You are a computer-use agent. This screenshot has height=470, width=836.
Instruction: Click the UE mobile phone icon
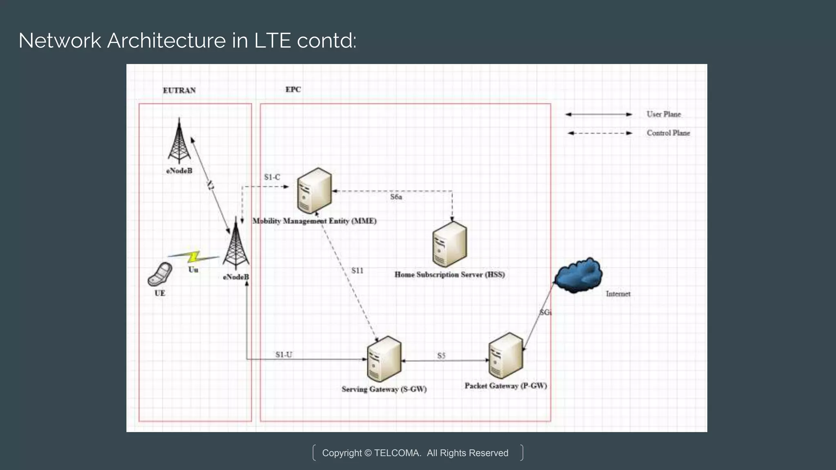pyautogui.click(x=160, y=274)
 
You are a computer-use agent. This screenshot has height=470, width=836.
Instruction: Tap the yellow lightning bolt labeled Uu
pyautogui.click(x=193, y=257)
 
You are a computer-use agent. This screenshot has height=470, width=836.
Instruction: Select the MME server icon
pyautogui.click(x=314, y=190)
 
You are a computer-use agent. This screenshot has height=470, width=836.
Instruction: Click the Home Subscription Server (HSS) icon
pyautogui.click(x=449, y=244)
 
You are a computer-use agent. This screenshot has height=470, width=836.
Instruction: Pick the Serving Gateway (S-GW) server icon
pyautogui.click(x=384, y=359)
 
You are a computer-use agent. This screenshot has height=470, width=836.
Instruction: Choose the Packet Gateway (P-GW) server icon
pyautogui.click(x=505, y=356)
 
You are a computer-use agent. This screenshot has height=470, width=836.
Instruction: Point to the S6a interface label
pyautogui.click(x=396, y=197)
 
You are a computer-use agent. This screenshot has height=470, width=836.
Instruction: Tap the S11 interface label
pyautogui.click(x=357, y=270)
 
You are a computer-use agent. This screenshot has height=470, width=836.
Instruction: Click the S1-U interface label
pyautogui.click(x=284, y=355)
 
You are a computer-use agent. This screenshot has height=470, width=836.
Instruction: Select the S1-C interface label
pyautogui.click(x=272, y=177)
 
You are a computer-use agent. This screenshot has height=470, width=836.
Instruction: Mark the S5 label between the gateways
pyautogui.click(x=441, y=356)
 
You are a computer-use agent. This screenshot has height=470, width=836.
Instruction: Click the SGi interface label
pyautogui.click(x=545, y=313)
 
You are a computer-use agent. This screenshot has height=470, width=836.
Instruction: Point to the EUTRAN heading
pyautogui.click(x=179, y=91)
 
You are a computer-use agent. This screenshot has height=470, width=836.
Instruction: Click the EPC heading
pyautogui.click(x=293, y=90)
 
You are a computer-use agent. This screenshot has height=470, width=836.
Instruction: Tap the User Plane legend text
pyautogui.click(x=664, y=114)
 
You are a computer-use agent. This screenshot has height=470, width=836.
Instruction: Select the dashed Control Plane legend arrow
pyautogui.click(x=600, y=133)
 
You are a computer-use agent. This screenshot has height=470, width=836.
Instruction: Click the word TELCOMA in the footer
pyautogui.click(x=397, y=453)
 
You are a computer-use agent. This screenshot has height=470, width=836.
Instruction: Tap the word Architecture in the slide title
pyautogui.click(x=166, y=41)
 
